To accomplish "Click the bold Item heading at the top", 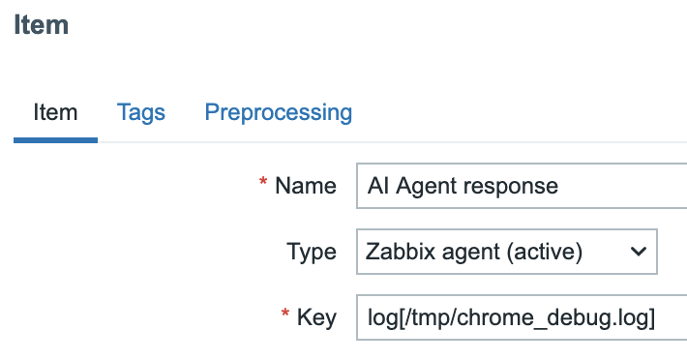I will [41, 24].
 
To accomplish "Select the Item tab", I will [55, 112].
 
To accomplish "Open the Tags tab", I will [141, 112].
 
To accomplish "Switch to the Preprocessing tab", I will [279, 112].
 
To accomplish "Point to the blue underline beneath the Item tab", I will [55, 140].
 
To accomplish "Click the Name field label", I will [306, 186].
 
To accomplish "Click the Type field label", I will [312, 253].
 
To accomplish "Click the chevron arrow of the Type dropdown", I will [638, 252].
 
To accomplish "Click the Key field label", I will [317, 317].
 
